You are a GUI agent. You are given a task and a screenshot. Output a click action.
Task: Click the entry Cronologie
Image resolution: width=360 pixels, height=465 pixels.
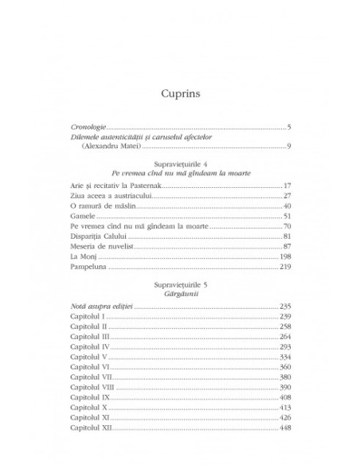tap(88, 127)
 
